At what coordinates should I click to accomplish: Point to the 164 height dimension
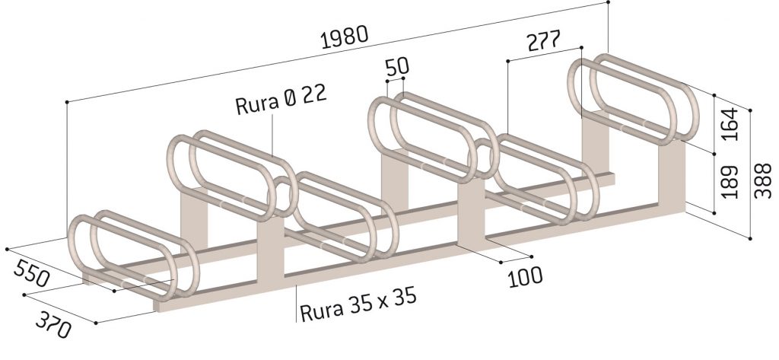tap(730, 124)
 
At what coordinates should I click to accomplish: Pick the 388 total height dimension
tap(762, 181)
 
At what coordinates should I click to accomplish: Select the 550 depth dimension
tap(31, 271)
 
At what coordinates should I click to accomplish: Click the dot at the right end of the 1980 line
tap(609, 3)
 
